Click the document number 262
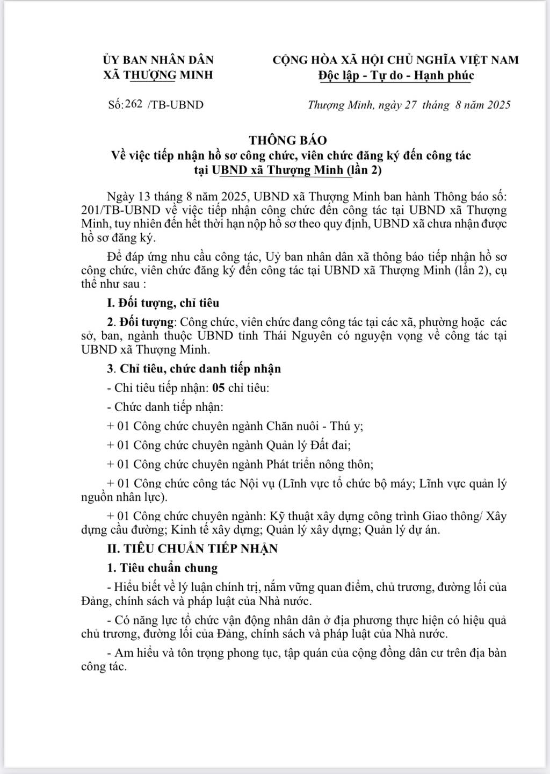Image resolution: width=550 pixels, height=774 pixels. [133, 104]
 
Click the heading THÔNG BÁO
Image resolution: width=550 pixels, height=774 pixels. [287, 140]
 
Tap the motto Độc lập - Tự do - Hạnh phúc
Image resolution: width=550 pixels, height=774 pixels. [396, 75]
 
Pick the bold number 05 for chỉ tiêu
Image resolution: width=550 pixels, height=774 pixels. [218, 388]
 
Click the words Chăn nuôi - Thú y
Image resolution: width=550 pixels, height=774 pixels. [315, 426]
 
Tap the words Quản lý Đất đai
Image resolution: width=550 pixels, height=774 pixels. [309, 445]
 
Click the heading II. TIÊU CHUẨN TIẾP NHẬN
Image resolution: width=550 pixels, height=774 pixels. [193, 549]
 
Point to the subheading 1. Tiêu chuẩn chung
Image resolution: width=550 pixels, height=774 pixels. [162, 568]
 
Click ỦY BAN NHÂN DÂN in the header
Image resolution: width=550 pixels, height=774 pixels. [158, 60]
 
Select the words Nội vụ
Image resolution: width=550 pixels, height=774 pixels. [255, 484]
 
